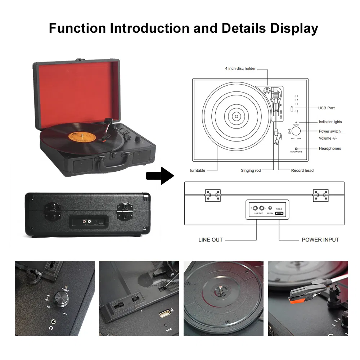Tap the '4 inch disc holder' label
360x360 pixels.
240,68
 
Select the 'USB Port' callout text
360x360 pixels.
326,108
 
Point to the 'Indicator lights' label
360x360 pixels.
330,122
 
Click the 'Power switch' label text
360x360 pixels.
329,131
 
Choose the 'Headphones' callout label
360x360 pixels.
330,148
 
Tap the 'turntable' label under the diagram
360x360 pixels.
198,170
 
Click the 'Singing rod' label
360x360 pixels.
251,170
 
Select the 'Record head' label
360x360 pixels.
302,170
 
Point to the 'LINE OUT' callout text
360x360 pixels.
211,240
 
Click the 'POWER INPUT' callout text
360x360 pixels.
320,240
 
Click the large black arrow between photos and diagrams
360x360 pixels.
159,176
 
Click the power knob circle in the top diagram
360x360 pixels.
296,131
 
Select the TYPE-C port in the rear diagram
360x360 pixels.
279,213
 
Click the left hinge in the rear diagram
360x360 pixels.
212,195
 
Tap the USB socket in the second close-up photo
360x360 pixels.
164,314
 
